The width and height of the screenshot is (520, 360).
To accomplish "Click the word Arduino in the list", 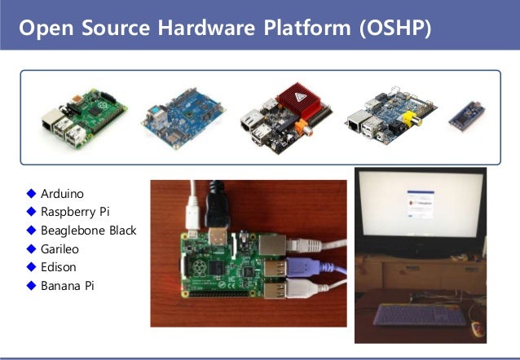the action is [x=62, y=193].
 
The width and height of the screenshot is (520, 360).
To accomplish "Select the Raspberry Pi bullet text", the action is [x=74, y=212].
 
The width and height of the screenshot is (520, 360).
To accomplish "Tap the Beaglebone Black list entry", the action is [x=88, y=230].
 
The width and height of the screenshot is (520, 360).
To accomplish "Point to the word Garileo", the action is [x=59, y=248].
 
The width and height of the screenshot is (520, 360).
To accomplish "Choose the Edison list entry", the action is [x=58, y=267].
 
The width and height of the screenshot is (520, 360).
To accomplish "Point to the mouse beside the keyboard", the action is [x=478, y=329].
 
